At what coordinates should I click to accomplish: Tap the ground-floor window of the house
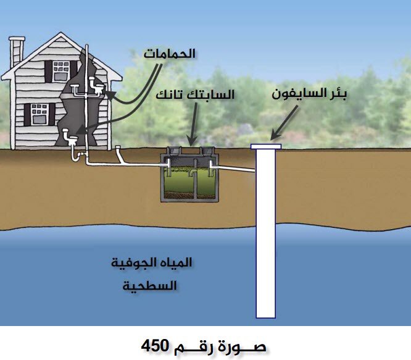coord(39,114)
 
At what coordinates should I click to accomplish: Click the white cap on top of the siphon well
coord(266,146)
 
